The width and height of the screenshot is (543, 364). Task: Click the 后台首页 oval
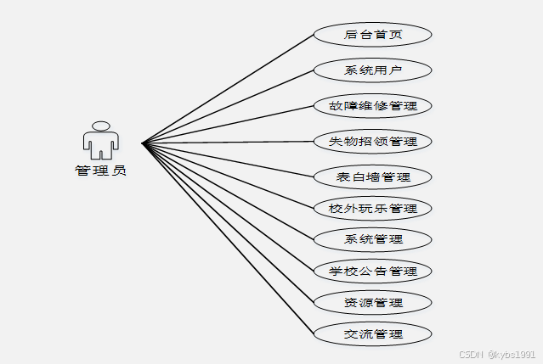click(372, 35)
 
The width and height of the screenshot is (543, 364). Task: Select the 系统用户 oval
click(372, 70)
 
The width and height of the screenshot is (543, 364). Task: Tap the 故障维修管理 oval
click(372, 106)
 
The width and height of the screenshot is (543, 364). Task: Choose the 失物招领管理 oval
click(372, 141)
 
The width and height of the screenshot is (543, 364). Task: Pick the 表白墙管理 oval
click(372, 177)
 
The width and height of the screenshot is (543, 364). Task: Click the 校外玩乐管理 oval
click(372, 208)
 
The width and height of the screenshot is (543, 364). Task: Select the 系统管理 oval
click(372, 238)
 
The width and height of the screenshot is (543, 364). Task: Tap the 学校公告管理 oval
click(372, 272)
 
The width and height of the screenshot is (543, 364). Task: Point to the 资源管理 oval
click(372, 302)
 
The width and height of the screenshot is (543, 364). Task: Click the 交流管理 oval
click(372, 333)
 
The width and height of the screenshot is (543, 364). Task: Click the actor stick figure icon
click(100, 141)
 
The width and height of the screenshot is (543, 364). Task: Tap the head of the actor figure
click(100, 126)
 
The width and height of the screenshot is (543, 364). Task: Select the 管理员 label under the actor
click(100, 171)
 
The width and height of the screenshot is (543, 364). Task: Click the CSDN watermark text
click(471, 354)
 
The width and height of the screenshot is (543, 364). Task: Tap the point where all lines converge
click(143, 143)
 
